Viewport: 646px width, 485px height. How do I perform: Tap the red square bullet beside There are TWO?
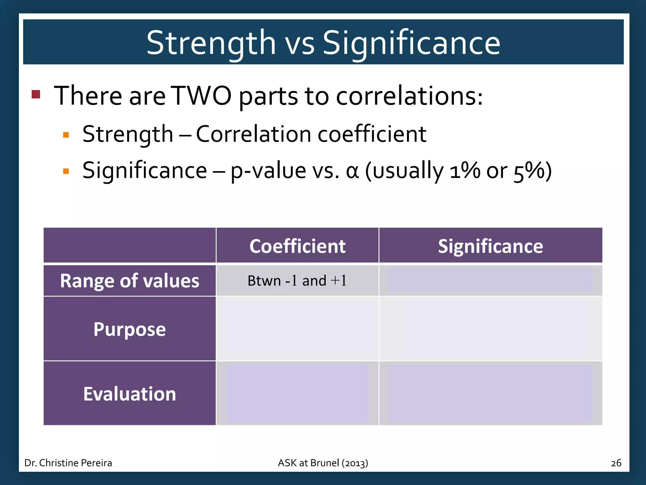coord(36,94)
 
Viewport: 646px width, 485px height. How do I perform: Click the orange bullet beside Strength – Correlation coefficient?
coord(66,135)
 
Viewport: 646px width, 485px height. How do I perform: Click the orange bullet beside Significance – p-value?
coord(66,171)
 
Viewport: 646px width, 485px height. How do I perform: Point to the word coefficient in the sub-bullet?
coord(372,134)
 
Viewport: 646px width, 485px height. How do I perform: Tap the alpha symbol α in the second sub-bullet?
coord(352,171)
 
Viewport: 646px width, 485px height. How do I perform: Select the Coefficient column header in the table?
coord(297,246)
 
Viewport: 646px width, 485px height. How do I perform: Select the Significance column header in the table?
coord(490,246)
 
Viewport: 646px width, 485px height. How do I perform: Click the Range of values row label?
coord(130,280)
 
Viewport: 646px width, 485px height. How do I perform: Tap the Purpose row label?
coord(130,329)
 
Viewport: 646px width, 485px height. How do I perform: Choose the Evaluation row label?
coord(130,394)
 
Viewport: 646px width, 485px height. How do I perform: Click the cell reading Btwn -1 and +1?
coord(297,280)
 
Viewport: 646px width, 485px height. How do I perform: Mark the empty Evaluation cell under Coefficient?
coord(297,394)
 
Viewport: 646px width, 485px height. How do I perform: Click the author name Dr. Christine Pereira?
coord(68,463)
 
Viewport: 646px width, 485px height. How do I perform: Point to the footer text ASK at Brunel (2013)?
coord(323,463)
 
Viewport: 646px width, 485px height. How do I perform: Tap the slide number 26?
coord(616,463)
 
